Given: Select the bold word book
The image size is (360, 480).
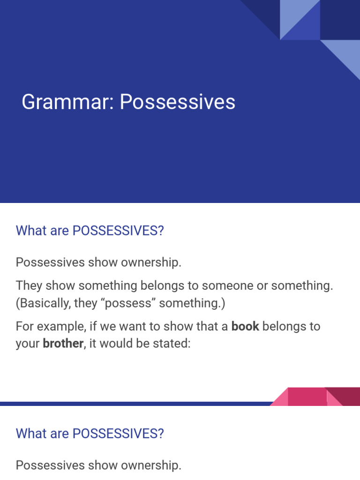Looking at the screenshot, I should [x=245, y=326].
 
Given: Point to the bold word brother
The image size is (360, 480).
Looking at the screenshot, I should [x=63, y=344].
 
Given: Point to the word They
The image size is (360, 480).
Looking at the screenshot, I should [x=29, y=285].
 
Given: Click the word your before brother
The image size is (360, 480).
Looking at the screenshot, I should [x=28, y=344].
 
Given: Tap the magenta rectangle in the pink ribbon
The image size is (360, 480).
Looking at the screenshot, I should [x=307, y=397].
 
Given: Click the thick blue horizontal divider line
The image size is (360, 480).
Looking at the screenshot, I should [x=136, y=403].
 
